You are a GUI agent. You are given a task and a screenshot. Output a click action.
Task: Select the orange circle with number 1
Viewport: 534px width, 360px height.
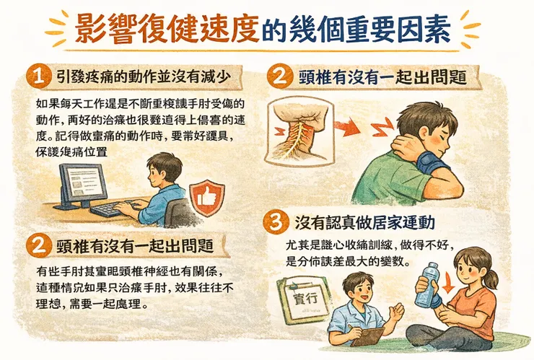(35, 74)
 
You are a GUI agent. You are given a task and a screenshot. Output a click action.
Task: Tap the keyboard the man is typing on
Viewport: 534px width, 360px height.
(109, 209)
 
